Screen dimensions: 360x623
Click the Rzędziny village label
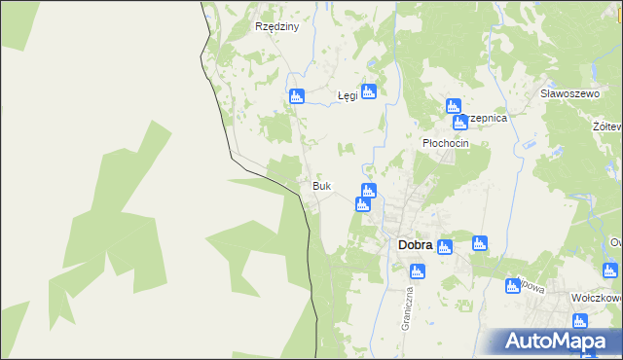(276, 27)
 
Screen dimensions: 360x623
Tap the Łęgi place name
(348, 96)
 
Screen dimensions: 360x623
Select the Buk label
(321, 186)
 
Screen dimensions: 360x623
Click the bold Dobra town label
(416, 246)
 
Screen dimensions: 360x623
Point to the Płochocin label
(446, 143)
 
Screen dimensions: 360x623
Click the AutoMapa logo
(561, 342)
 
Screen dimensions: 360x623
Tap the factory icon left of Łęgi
(297, 96)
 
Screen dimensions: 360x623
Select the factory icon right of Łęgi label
(368, 91)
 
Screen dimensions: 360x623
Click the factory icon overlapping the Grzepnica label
(459, 123)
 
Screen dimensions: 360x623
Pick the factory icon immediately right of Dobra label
(445, 246)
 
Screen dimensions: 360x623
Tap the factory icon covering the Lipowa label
(512, 286)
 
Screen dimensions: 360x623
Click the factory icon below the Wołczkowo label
(580, 321)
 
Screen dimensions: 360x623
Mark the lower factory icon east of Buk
(362, 204)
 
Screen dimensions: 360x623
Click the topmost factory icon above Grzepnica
(452, 106)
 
